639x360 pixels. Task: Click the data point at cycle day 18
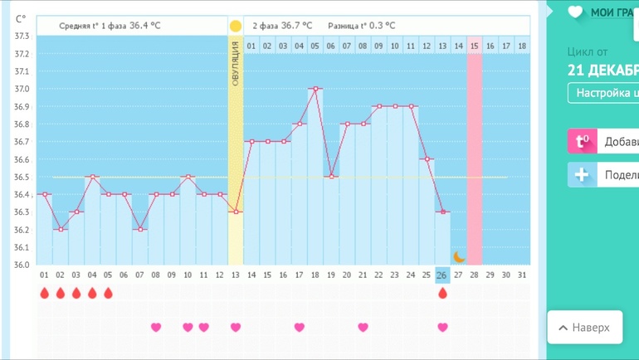coord(315,89)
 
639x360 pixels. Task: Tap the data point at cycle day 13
coord(236,212)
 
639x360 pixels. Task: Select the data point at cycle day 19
coord(331,177)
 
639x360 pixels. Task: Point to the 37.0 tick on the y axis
coord(22,89)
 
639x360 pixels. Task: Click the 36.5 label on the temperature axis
coord(22,178)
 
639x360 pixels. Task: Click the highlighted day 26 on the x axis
coord(442,275)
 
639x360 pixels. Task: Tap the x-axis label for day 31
coord(521,275)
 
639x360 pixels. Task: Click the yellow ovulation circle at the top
coord(236,26)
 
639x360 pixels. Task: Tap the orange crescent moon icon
coord(459,256)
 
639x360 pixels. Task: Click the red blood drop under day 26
coord(442,294)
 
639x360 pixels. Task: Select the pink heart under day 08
coord(156,328)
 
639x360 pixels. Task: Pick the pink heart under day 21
coord(363,328)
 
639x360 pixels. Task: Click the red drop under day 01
coord(45,294)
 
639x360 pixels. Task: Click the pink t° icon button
coord(582,142)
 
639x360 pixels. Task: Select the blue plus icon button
coord(582,175)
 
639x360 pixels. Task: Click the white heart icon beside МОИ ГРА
coord(575,12)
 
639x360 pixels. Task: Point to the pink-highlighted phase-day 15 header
coord(475,46)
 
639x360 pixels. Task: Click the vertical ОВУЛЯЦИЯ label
coord(236,66)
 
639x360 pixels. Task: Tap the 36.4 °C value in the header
coord(145,26)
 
